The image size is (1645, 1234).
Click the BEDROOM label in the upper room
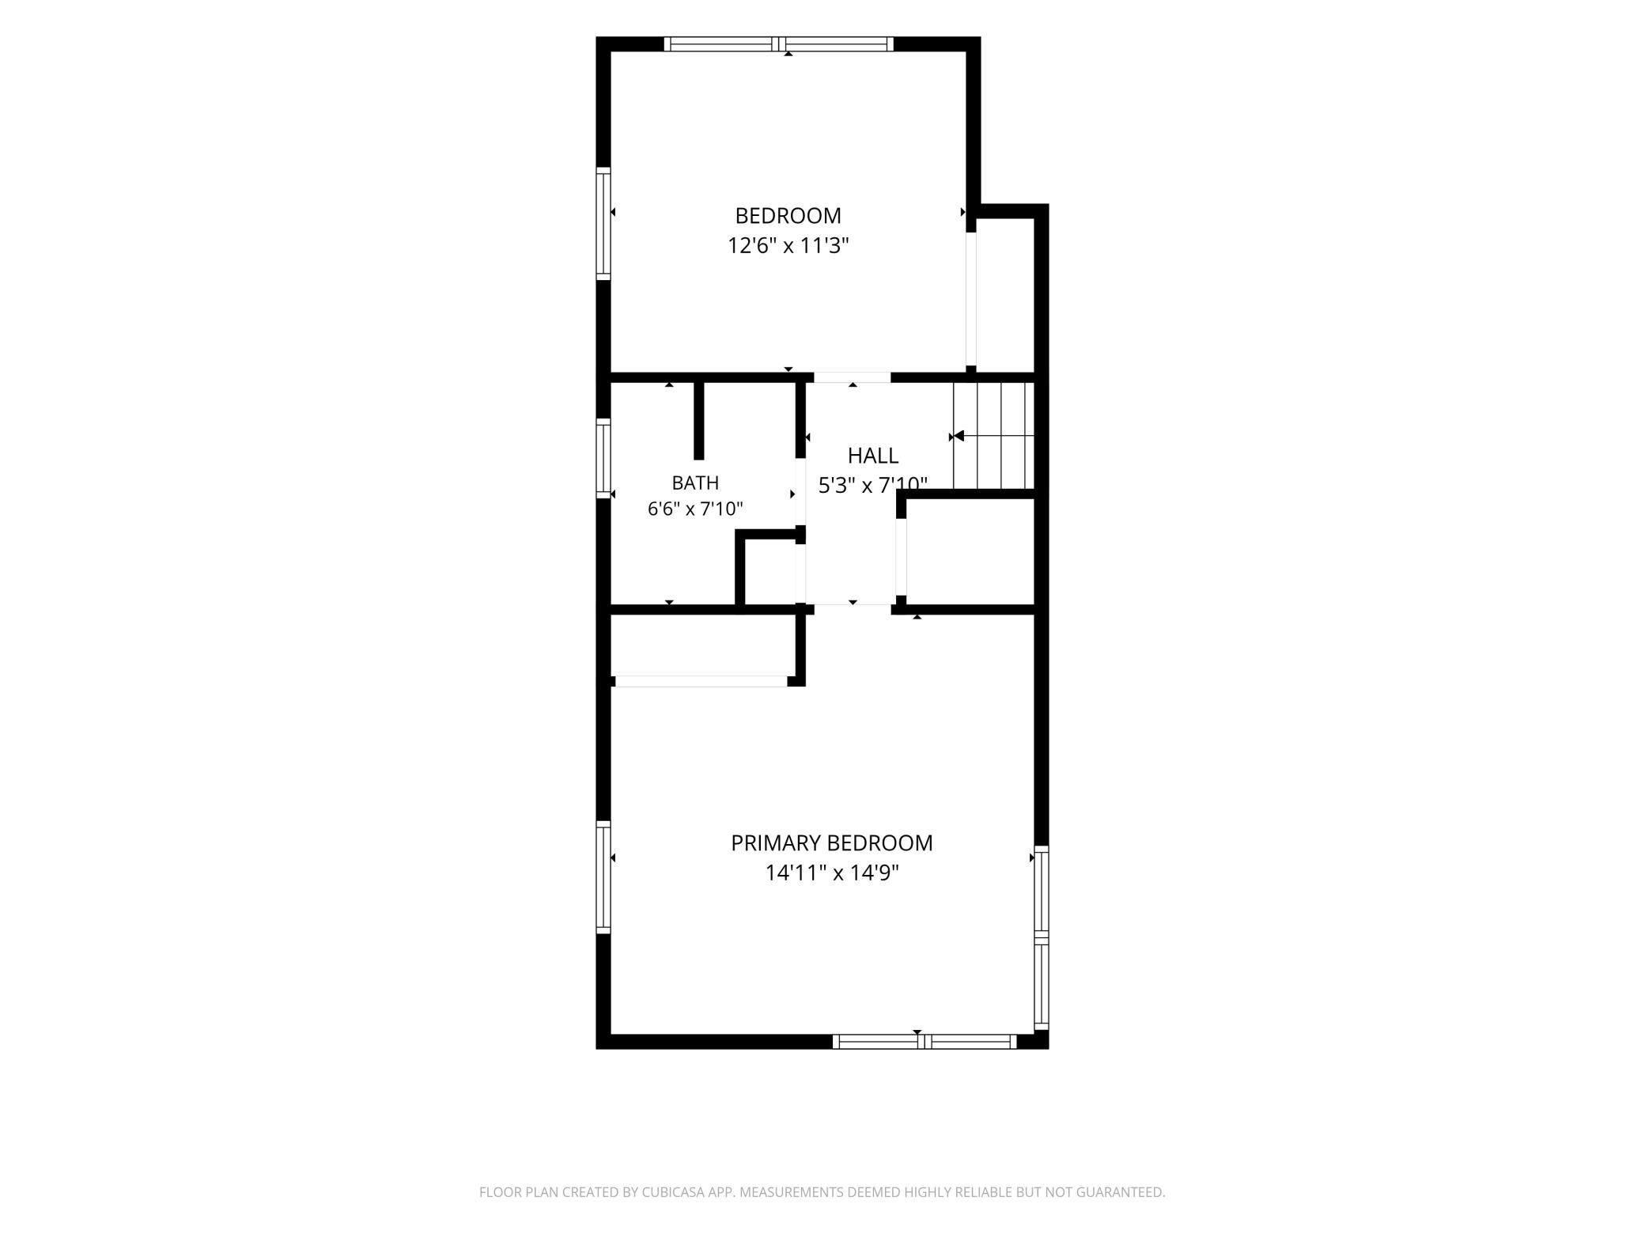[x=788, y=215]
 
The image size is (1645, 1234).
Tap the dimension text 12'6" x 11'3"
[x=788, y=245]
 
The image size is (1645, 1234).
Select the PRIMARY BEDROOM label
[x=831, y=843]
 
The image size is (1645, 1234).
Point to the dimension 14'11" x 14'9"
[x=832, y=873]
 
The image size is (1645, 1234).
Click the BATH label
[x=695, y=483]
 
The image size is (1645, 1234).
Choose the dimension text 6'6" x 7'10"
[x=695, y=509]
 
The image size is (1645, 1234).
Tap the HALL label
[x=873, y=456]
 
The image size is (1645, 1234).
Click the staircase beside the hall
[x=993, y=436]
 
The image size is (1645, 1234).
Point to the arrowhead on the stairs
[x=959, y=436]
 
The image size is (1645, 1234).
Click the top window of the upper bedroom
[x=779, y=44]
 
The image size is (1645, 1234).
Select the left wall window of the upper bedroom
[x=603, y=224]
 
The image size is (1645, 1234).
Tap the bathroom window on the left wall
[x=603, y=458]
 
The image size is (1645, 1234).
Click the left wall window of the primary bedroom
[x=603, y=877]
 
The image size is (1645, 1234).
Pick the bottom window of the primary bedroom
[x=925, y=1042]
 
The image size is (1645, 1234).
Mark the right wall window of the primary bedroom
[x=1042, y=937]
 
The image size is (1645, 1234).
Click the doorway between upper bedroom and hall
[x=853, y=377]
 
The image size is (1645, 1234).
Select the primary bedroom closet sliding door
[x=701, y=681]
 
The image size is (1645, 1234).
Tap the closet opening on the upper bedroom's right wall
[x=971, y=300]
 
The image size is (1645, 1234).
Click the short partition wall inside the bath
[x=698, y=420]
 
